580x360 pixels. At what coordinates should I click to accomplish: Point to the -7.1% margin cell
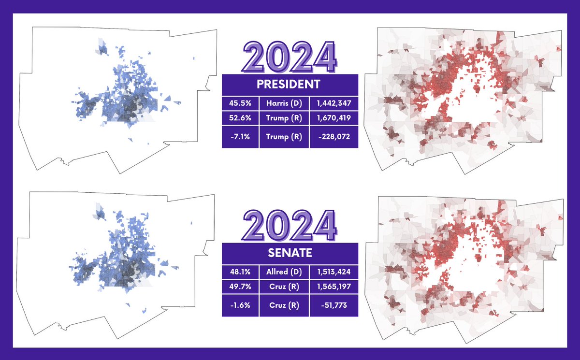(x=240, y=137)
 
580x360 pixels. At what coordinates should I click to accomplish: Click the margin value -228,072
(x=333, y=137)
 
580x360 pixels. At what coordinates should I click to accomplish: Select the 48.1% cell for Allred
(x=240, y=272)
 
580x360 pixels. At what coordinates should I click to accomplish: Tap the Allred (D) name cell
(x=284, y=272)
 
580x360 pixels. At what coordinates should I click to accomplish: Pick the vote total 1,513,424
(x=333, y=272)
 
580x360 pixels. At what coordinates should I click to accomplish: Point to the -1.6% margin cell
(x=240, y=305)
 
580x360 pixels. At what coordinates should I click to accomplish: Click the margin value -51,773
(x=333, y=305)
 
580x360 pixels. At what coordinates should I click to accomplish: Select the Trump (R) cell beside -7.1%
(x=284, y=137)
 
